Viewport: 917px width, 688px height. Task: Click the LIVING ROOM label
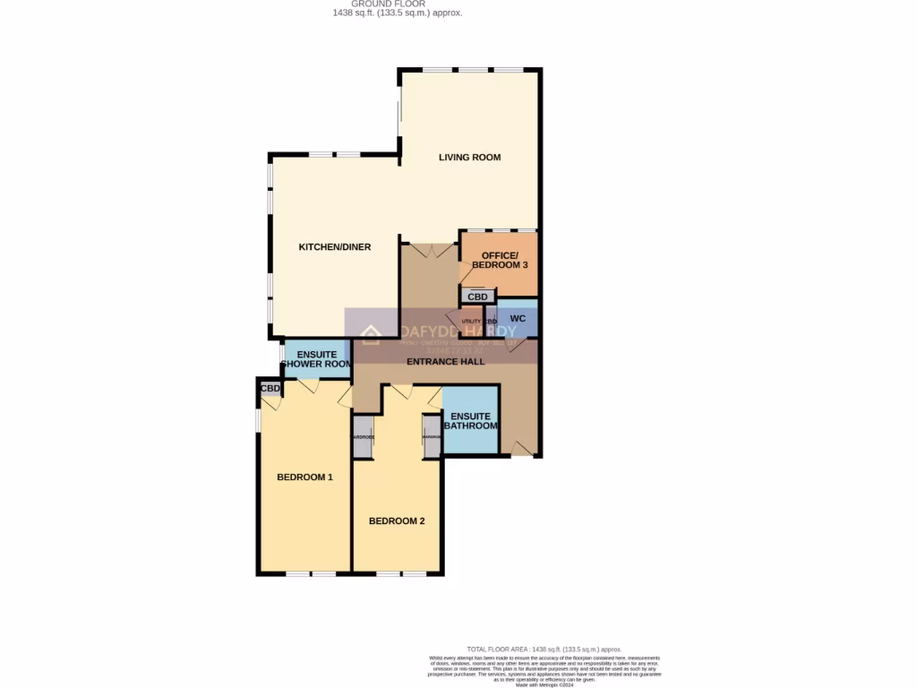pyautogui.click(x=469, y=158)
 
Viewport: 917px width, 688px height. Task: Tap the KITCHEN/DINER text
pyautogui.click(x=334, y=247)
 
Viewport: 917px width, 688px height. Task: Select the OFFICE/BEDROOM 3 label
pyautogui.click(x=499, y=261)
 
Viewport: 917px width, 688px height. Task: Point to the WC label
pyautogui.click(x=518, y=319)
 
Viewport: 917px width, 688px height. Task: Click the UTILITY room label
pyautogui.click(x=471, y=321)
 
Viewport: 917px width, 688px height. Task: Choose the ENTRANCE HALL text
pyautogui.click(x=445, y=362)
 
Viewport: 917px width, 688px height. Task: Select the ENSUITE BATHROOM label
pyautogui.click(x=471, y=421)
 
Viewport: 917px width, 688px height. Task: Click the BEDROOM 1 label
pyautogui.click(x=304, y=477)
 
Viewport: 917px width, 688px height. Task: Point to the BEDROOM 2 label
pyautogui.click(x=397, y=521)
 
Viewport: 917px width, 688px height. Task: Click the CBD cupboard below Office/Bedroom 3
pyautogui.click(x=478, y=297)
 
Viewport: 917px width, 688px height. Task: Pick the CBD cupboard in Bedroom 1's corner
pyautogui.click(x=270, y=389)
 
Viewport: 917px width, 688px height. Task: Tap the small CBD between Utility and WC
pyautogui.click(x=490, y=321)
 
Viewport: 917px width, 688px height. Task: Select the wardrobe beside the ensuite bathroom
pyautogui.click(x=432, y=436)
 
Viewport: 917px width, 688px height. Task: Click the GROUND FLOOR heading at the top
pyautogui.click(x=395, y=4)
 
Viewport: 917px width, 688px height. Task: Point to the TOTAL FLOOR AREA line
pyautogui.click(x=544, y=649)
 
